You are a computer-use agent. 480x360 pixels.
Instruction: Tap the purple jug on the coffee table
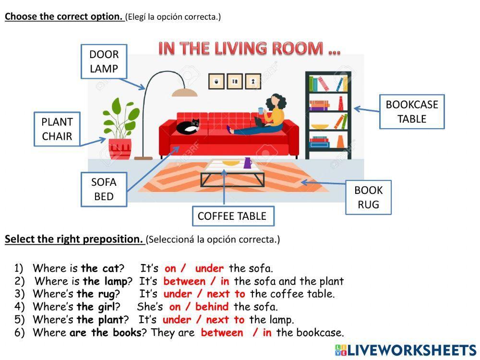248,163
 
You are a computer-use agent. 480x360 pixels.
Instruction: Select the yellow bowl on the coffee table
231,163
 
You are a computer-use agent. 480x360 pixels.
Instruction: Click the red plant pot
120,148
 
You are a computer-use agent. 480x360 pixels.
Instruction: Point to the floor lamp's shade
185,92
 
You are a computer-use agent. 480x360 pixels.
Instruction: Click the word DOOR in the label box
104,55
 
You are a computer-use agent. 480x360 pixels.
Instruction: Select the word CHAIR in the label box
57,136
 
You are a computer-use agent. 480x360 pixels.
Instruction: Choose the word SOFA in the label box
104,182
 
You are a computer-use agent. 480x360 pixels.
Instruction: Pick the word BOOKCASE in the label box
412,105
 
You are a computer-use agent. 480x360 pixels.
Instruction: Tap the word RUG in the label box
368,204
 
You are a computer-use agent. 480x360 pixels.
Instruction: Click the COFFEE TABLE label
232,216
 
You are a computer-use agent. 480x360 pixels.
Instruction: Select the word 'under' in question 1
209,268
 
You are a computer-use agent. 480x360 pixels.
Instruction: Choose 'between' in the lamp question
184,281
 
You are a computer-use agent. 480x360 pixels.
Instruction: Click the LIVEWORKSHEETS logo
405,350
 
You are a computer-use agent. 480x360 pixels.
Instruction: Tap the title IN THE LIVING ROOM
249,48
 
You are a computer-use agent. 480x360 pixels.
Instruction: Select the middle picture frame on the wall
234,82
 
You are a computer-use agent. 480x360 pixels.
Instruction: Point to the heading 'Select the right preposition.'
74,239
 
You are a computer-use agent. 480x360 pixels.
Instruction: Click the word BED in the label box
104,196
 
